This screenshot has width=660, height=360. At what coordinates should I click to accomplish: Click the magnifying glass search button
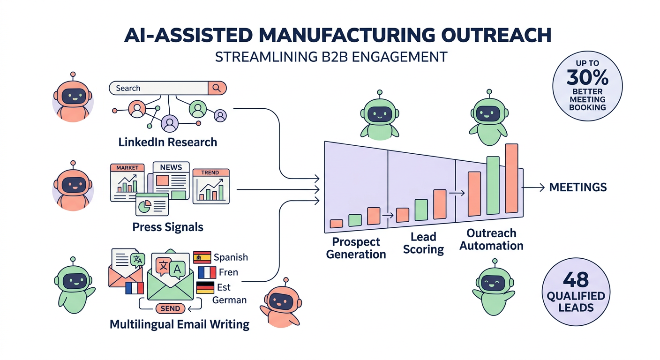coord(217,88)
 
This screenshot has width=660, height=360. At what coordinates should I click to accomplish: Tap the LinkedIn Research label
coord(167,142)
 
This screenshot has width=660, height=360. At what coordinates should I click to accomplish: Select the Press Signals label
coord(167,227)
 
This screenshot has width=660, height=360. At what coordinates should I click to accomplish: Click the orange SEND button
coord(170,308)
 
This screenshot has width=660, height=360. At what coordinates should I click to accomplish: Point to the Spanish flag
coord(202,257)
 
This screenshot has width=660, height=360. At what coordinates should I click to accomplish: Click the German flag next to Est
coord(205,287)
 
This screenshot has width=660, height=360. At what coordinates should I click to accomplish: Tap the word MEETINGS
coord(577,187)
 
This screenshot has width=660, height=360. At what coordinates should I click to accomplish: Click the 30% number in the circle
coord(587,76)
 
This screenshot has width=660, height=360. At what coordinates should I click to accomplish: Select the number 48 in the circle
coord(576,280)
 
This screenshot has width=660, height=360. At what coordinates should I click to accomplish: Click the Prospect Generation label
coord(356,248)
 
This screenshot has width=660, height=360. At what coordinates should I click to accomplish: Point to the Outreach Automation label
coord(491,239)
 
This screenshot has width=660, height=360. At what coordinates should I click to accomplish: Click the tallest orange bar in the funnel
coord(511,179)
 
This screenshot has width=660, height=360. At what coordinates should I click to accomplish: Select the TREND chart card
coord(210,186)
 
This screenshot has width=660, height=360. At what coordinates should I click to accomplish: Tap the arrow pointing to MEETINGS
coord(532,187)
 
